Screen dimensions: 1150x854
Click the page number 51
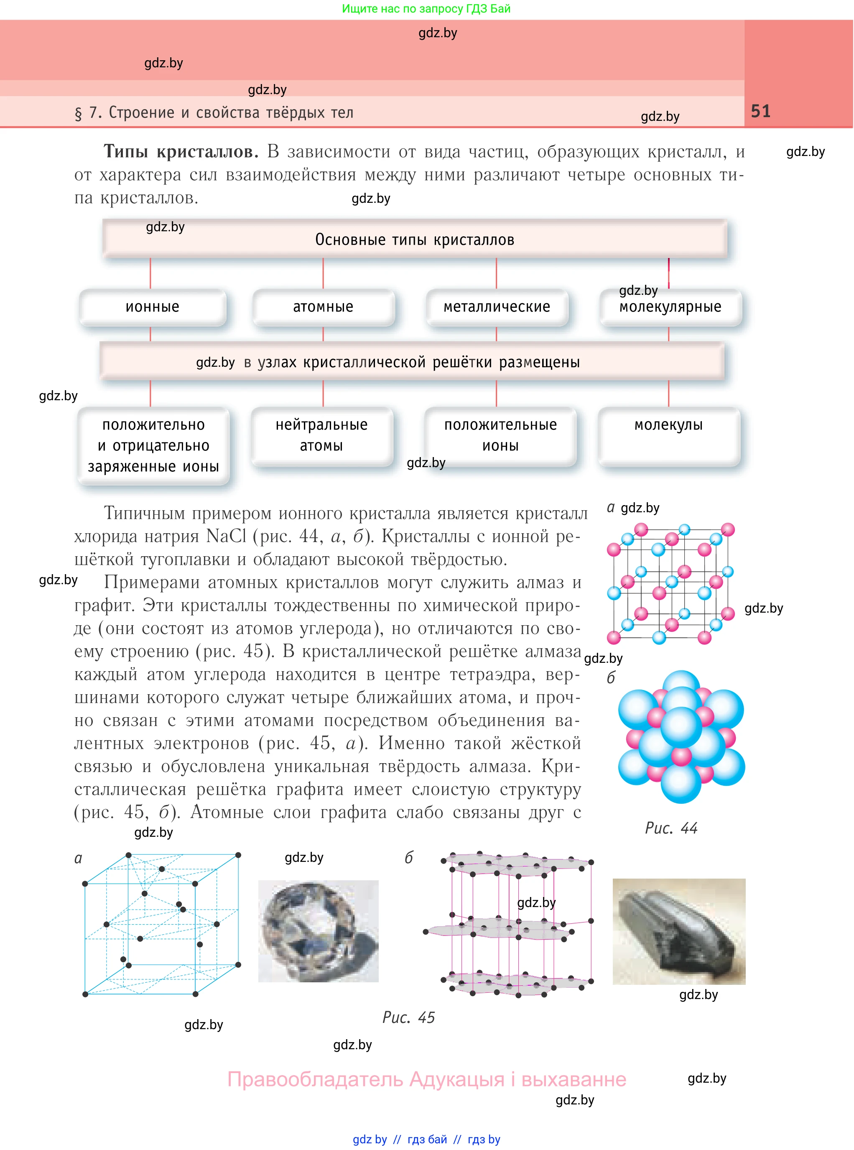760,111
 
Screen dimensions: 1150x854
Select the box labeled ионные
153,307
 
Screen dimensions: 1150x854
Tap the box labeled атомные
323,307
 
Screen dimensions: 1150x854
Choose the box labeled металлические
496,307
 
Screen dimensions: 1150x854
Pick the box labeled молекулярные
670,307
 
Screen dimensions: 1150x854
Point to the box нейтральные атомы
321,435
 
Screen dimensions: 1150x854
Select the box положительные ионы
500,435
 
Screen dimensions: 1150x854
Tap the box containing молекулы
668,435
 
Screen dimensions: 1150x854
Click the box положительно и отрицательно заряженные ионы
153,446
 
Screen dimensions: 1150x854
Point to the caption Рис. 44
671,828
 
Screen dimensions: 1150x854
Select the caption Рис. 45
408,1017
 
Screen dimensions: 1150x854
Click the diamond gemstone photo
318,931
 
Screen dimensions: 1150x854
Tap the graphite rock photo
679,931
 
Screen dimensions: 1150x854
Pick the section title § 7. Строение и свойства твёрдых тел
214,113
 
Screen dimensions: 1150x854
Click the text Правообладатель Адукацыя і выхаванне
426,1079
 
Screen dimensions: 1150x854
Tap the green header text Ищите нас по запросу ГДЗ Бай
426,9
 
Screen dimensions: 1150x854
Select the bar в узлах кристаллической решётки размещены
412,362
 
